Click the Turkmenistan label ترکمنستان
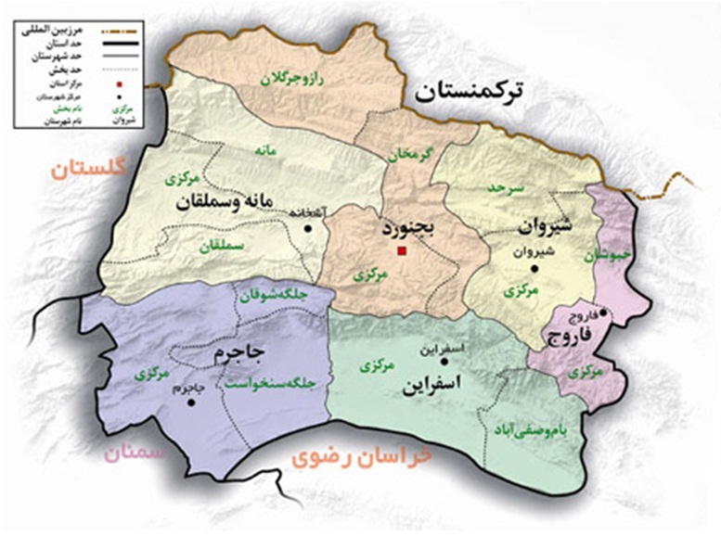point(470,91)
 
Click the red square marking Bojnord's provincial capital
point(401,250)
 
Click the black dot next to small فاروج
point(603,313)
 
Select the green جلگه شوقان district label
point(273,298)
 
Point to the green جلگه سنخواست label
point(274,379)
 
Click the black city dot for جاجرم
point(191,402)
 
